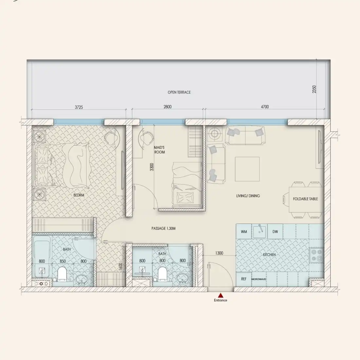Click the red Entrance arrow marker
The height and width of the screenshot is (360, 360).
pyautogui.click(x=221, y=295)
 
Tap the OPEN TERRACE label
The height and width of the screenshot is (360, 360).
pyautogui.click(x=179, y=92)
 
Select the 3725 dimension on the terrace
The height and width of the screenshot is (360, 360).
pyautogui.click(x=79, y=107)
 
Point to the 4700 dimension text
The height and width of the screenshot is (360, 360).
pyautogui.click(x=265, y=107)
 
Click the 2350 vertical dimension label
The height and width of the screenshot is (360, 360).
pyautogui.click(x=314, y=89)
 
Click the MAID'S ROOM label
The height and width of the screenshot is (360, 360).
pyautogui.click(x=159, y=150)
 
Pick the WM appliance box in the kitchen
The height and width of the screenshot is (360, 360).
pyautogui.click(x=244, y=232)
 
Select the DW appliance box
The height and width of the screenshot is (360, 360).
pyautogui.click(x=275, y=232)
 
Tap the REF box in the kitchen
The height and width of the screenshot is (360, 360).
pyautogui.click(x=243, y=279)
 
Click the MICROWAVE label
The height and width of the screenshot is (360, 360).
pyautogui.click(x=259, y=279)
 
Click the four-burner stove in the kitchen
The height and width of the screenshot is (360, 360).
pyautogui.click(x=316, y=255)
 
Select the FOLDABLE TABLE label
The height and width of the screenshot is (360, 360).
pyautogui.click(x=305, y=199)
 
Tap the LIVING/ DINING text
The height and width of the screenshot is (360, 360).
pyautogui.click(x=248, y=196)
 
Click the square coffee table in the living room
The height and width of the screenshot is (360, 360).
pyautogui.click(x=247, y=169)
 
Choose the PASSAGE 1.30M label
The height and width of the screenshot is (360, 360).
pyautogui.click(x=163, y=228)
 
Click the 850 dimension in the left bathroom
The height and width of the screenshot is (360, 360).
pyautogui.click(x=63, y=261)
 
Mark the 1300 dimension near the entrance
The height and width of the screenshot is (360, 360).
pyautogui.click(x=219, y=253)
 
